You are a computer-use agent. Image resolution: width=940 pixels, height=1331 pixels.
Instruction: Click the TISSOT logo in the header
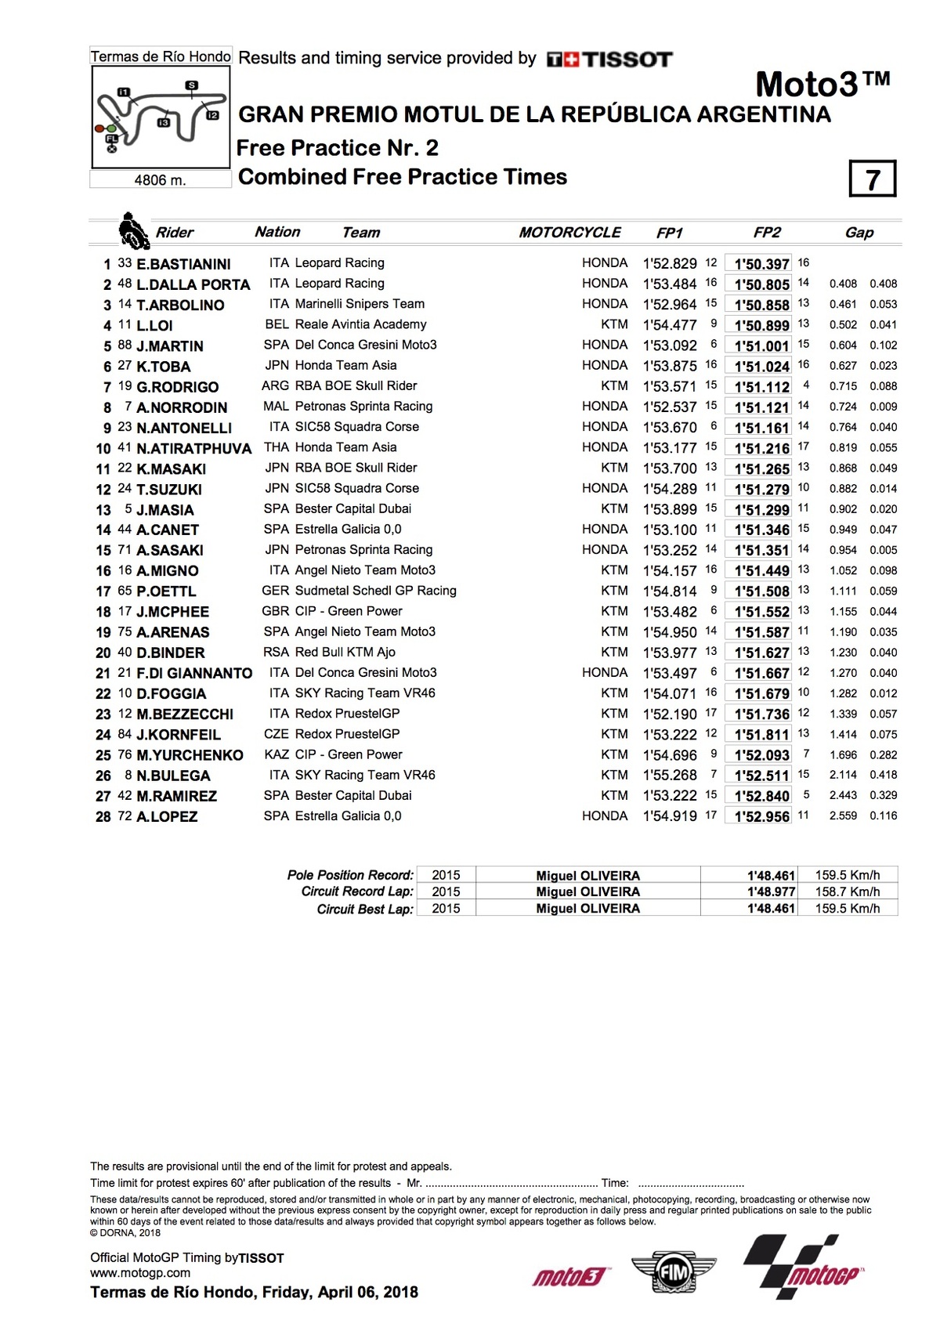(609, 60)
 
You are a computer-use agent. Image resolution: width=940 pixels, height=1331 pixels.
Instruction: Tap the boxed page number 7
(872, 179)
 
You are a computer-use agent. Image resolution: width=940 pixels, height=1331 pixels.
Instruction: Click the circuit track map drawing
(161, 116)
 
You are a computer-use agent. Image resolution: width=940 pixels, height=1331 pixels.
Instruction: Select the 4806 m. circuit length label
(160, 180)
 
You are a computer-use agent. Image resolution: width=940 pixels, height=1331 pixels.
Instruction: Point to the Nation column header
(277, 232)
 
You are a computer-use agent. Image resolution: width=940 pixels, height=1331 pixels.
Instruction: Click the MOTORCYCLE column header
(569, 233)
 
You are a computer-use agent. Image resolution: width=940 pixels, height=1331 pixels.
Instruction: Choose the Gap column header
(859, 233)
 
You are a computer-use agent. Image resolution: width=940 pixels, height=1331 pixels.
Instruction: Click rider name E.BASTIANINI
(183, 264)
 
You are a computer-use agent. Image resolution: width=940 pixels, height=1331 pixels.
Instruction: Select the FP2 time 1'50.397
(761, 264)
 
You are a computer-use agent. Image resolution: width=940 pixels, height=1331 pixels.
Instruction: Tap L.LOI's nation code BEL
(277, 324)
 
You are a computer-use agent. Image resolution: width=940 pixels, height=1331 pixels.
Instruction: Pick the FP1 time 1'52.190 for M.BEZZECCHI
(670, 714)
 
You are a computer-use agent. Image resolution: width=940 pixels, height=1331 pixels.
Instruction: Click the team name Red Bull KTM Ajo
(345, 652)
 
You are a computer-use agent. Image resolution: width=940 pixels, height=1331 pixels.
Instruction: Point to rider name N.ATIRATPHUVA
(193, 449)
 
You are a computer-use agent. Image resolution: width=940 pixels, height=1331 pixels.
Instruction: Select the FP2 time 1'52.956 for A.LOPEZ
(761, 816)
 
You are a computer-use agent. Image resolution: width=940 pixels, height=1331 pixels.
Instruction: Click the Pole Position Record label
(350, 875)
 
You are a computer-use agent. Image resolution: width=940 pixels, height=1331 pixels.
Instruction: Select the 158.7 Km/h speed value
(847, 892)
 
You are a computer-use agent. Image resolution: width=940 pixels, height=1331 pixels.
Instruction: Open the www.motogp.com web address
(140, 1273)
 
